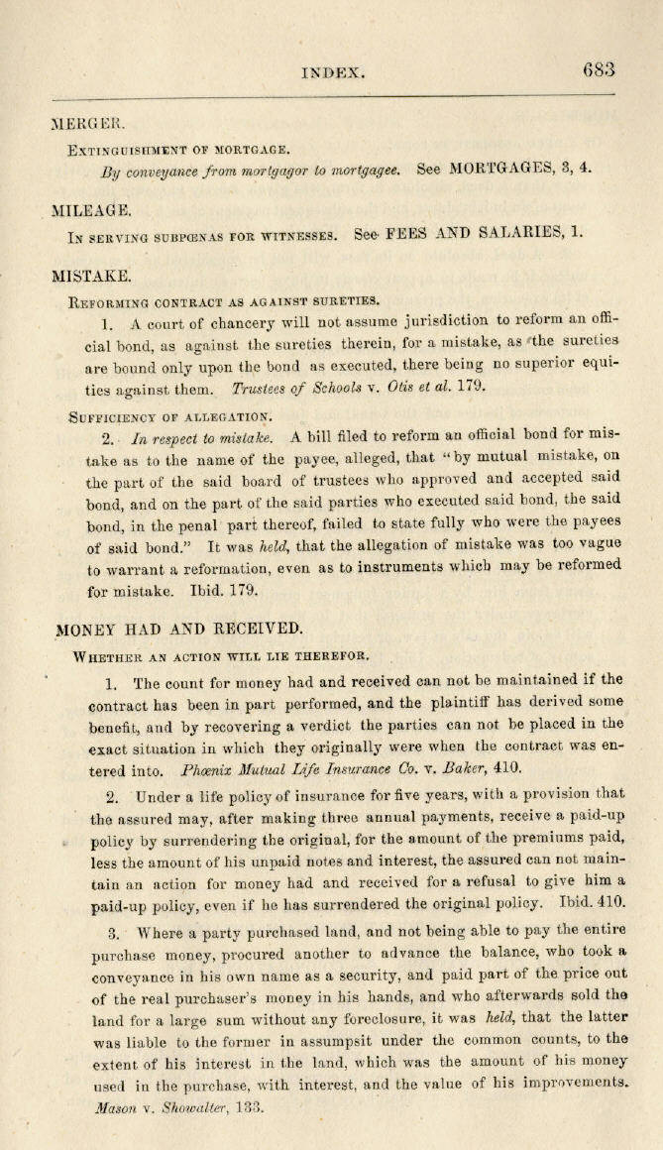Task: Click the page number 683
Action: [600, 70]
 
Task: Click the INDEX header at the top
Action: [334, 72]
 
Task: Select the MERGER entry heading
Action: [88, 124]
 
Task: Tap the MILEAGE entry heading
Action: [92, 210]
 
